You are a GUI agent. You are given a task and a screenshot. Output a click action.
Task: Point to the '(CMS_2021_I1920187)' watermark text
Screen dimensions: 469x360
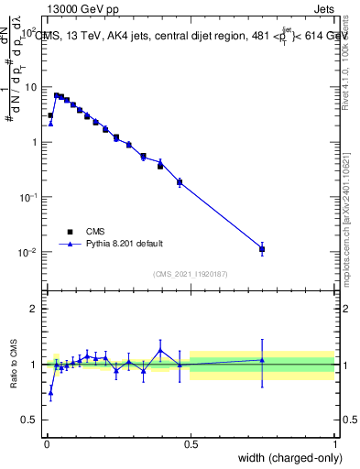pos(191,274)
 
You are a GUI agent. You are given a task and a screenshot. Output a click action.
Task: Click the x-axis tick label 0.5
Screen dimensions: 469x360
pos(191,444)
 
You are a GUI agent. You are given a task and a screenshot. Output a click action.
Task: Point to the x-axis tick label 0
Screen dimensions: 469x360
pos(46,444)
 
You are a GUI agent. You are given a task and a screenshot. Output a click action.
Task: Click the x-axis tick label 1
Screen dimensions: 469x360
pos(335,444)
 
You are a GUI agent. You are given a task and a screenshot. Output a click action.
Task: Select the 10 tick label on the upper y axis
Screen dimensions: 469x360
pos(29,87)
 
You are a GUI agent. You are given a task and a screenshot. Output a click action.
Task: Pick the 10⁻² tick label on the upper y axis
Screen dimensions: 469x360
pos(27,252)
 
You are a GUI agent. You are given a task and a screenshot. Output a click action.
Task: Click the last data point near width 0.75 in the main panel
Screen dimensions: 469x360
pos(262,248)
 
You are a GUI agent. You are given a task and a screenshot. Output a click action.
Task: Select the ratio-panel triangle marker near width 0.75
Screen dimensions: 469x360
pos(262,359)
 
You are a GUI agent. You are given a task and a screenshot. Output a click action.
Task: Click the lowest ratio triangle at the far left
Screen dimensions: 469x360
pos(50,392)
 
